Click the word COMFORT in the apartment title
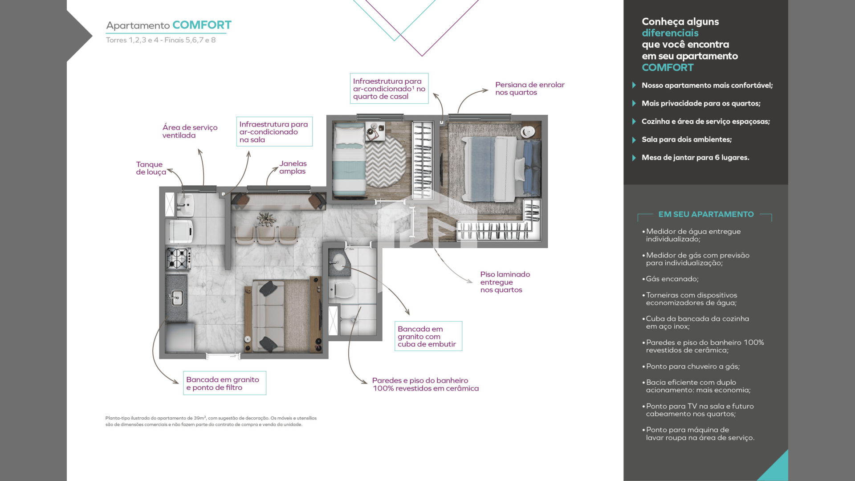pyautogui.click(x=202, y=25)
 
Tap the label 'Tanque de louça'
pyautogui.click(x=151, y=168)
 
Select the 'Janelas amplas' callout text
pyautogui.click(x=293, y=167)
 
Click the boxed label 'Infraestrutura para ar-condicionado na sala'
pyautogui.click(x=274, y=131)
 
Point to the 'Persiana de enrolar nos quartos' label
pyautogui.click(x=529, y=88)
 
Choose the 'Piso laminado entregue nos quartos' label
pyautogui.click(x=505, y=282)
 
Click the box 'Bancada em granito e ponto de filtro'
pyautogui.click(x=224, y=383)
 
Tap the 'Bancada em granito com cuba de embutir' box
pyautogui.click(x=428, y=336)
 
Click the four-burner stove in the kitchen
pyautogui.click(x=178, y=259)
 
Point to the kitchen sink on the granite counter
pyautogui.click(x=177, y=297)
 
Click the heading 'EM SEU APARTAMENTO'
pyautogui.click(x=706, y=214)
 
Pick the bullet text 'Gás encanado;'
pyautogui.click(x=672, y=279)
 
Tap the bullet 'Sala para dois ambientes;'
pyautogui.click(x=686, y=139)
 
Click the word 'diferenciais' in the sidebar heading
pyautogui.click(x=670, y=33)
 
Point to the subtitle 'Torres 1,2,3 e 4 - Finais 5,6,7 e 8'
pyautogui.click(x=161, y=40)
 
